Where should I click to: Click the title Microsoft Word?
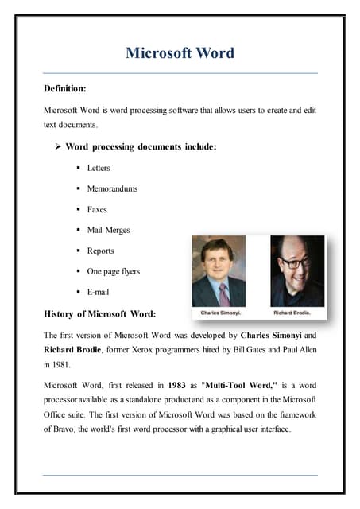click(x=180, y=53)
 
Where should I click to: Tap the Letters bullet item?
click(x=99, y=168)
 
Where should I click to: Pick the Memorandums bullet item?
click(x=112, y=188)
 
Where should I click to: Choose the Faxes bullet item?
click(x=97, y=209)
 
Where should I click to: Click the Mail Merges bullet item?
click(x=108, y=230)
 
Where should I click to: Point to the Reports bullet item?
click(x=101, y=251)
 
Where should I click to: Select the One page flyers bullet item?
click(x=113, y=271)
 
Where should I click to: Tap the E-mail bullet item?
click(x=99, y=292)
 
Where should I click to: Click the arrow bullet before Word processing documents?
click(x=58, y=147)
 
